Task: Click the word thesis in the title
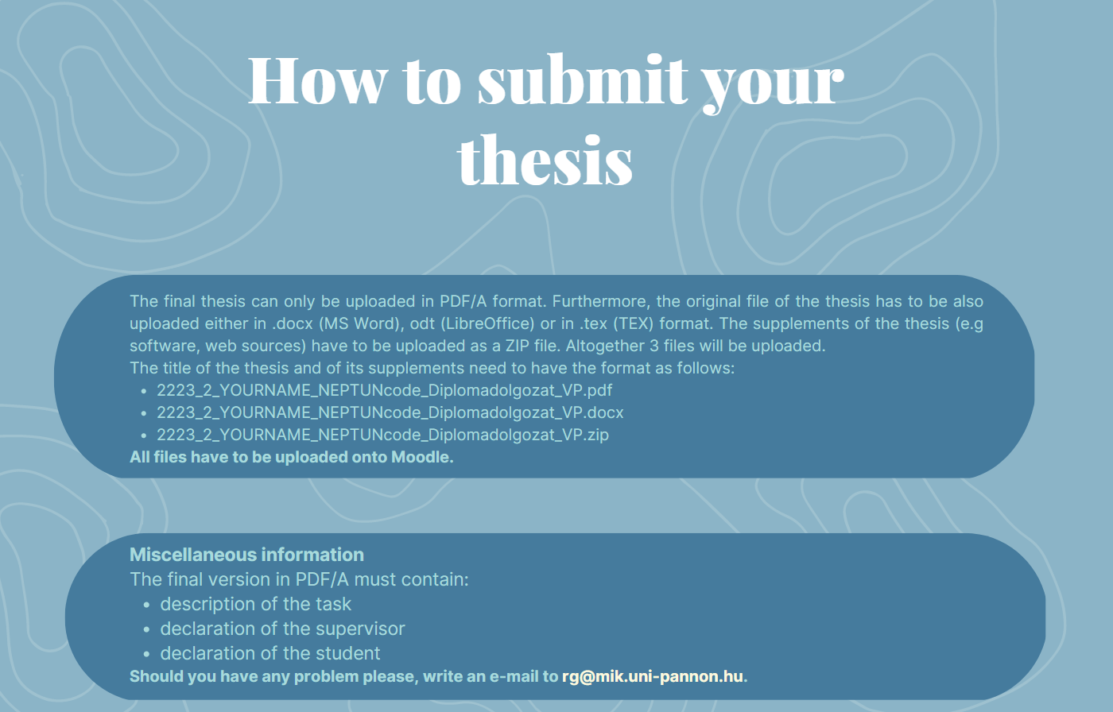pos(545,159)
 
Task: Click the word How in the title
pos(317,80)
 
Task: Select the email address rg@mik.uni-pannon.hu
pos(653,676)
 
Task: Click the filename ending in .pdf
pos(385,390)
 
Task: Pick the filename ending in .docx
pos(390,412)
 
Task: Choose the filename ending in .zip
pos(382,435)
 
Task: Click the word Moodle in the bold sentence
pos(420,457)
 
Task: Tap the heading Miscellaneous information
pos(246,555)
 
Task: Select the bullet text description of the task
pos(255,604)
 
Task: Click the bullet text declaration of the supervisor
pos(282,629)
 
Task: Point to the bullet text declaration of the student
pos(270,653)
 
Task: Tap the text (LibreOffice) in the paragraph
pos(487,323)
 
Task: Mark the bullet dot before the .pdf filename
pos(144,391)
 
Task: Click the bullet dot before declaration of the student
pos(146,654)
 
